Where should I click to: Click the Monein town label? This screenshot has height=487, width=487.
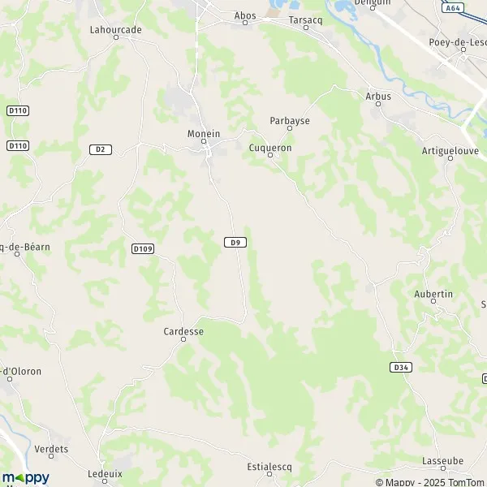pyautogui.click(x=204, y=132)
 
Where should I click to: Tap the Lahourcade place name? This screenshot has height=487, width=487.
pyautogui.click(x=115, y=29)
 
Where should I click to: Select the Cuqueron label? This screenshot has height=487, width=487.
pyautogui.click(x=269, y=148)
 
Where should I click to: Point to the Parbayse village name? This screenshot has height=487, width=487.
pyautogui.click(x=289, y=120)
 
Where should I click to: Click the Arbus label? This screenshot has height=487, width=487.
pyautogui.click(x=378, y=96)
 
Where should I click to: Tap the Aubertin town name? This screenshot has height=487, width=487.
pyautogui.click(x=433, y=294)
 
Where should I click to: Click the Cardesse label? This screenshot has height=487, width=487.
pyautogui.click(x=183, y=331)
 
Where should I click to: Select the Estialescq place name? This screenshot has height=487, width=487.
pyautogui.click(x=269, y=468)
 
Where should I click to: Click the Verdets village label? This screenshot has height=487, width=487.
pyautogui.click(x=52, y=449)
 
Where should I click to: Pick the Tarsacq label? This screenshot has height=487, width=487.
pyautogui.click(x=305, y=19)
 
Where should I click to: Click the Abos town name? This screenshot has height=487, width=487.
pyautogui.click(x=244, y=15)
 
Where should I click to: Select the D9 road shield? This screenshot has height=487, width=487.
pyautogui.click(x=235, y=242)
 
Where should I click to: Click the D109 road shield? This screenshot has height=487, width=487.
pyautogui.click(x=141, y=247)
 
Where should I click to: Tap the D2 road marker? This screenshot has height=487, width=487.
pyautogui.click(x=100, y=149)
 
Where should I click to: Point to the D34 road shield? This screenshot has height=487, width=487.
pyautogui.click(x=399, y=367)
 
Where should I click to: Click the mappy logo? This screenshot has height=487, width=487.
pyautogui.click(x=25, y=477)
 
